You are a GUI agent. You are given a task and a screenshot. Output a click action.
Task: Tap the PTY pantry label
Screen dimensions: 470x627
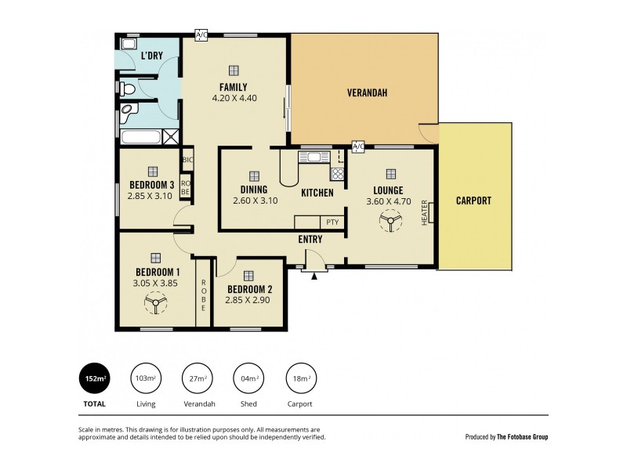(x=332, y=222)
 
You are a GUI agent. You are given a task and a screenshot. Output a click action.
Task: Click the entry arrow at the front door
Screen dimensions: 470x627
(x=314, y=276)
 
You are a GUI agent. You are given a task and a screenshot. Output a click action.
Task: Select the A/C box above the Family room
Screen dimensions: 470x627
(x=201, y=34)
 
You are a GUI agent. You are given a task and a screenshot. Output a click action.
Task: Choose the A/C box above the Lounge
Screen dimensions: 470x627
(x=358, y=146)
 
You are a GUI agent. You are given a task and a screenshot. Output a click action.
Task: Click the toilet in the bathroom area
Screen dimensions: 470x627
(x=128, y=89)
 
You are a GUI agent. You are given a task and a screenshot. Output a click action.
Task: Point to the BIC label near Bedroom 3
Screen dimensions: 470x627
(x=187, y=161)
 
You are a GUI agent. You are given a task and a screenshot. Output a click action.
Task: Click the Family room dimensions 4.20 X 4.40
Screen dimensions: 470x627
(x=234, y=99)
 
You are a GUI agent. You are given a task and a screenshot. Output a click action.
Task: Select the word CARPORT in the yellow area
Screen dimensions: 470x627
(x=473, y=201)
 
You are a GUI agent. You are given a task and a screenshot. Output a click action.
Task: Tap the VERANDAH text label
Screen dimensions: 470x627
(x=368, y=93)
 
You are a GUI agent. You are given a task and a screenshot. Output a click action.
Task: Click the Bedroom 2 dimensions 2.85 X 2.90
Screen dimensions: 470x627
(x=248, y=300)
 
